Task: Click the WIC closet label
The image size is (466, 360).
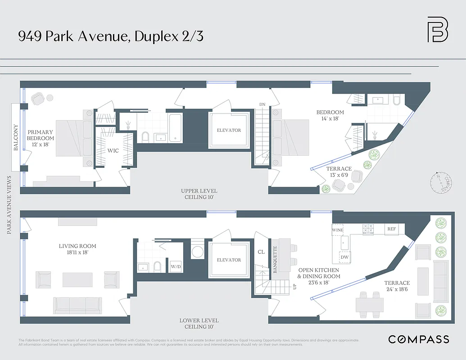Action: click(113, 151)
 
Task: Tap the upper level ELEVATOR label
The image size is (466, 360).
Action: click(229, 130)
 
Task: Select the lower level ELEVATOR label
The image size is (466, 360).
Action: click(229, 260)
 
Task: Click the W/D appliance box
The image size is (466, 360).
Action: click(175, 265)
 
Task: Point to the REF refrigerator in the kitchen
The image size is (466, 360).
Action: click(392, 229)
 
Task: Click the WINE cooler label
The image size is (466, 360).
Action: click(337, 230)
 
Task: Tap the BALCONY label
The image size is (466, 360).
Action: click(16, 137)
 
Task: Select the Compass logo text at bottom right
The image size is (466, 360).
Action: click(418, 339)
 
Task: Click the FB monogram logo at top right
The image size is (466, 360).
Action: click(437, 30)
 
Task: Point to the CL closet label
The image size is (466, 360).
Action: click(261, 252)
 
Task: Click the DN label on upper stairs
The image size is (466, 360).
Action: click(262, 104)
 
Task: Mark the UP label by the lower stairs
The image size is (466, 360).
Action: click(295, 286)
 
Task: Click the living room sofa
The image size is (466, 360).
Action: click(77, 305)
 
